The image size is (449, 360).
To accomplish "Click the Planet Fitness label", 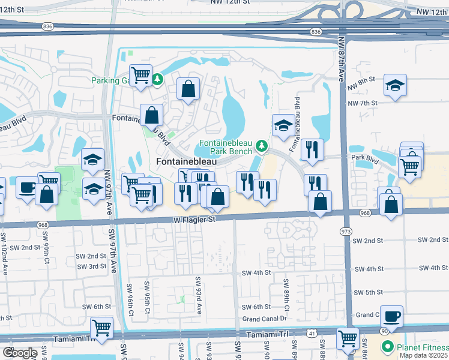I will [x=421, y=347].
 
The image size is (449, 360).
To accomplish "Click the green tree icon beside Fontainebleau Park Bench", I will [x=261, y=146].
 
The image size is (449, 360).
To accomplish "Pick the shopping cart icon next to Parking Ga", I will [x=140, y=76].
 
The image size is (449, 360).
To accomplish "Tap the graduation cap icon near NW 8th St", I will [x=395, y=86].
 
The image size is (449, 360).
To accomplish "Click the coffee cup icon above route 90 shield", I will [x=391, y=316].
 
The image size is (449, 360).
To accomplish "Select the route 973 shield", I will [x=346, y=231].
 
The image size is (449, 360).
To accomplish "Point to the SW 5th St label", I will [x=368, y=292].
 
